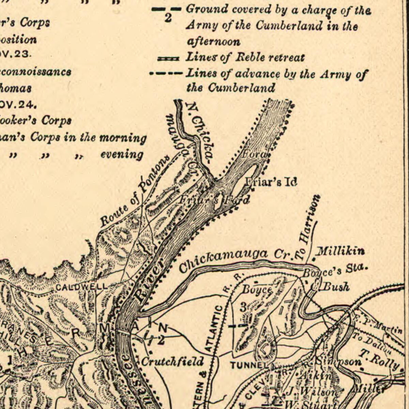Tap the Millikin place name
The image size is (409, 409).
pos(340,252)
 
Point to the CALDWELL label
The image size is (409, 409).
pos(81,287)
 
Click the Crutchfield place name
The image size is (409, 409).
pos(172,361)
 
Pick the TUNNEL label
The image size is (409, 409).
pos(249,365)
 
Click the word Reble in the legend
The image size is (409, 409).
pos(250,57)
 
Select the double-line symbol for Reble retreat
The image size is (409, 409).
pos(168,59)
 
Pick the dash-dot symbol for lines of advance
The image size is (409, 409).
pos(166,73)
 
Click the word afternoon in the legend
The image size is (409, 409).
pos(213,42)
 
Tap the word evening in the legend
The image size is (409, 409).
pos(122,154)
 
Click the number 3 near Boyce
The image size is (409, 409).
pos(243,307)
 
